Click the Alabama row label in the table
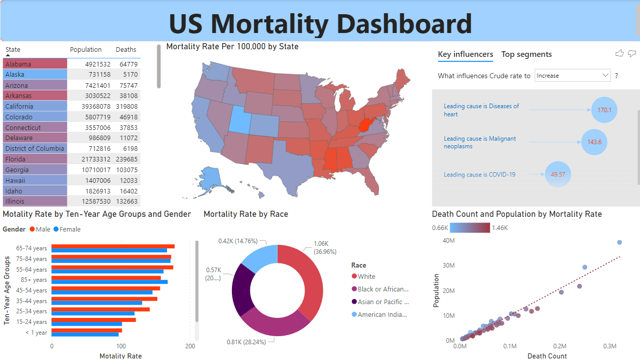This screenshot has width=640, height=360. click(18, 64)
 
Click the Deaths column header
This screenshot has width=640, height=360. click(126, 50)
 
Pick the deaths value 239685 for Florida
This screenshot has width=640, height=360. click(126, 159)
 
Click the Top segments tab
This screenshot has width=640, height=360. click(526, 54)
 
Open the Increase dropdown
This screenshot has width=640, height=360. click(572, 76)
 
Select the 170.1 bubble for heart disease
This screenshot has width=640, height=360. click(604, 110)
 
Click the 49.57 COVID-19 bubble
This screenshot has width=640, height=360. click(558, 174)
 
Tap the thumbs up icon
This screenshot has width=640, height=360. click(619, 53)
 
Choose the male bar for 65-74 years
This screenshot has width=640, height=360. click(113, 246)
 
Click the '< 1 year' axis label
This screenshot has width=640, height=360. click(36, 333)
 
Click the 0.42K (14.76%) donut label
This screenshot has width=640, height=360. click(238, 241)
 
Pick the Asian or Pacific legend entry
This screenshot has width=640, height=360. click(383, 302)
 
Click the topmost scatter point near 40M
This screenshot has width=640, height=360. click(619, 242)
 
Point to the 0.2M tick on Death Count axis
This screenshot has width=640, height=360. click(560, 346)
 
